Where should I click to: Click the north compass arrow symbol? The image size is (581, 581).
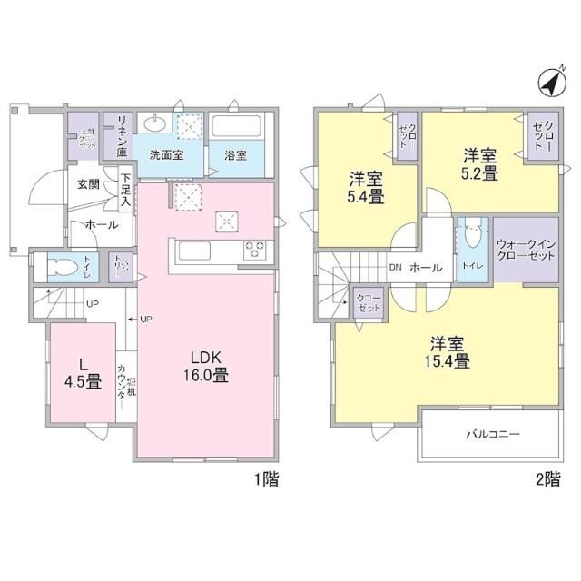548,83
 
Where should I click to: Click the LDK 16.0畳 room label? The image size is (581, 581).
208,366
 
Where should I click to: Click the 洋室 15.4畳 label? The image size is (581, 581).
448,352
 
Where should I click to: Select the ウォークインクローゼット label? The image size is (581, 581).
527,249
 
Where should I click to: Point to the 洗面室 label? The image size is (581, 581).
166,154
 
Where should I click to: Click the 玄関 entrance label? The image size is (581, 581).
88,184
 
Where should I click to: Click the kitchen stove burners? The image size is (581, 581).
252,248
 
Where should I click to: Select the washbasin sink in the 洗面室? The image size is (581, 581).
155,124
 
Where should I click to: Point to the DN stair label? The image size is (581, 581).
395,268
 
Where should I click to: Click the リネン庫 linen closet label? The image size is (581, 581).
119,133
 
